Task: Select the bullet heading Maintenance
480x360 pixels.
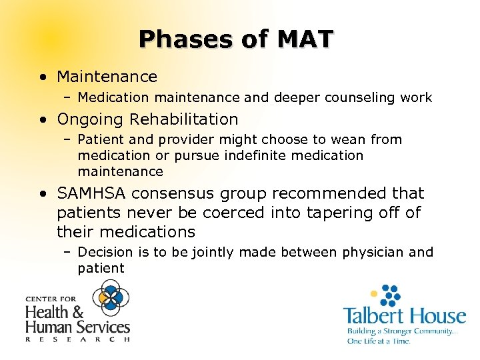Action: pos(107,77)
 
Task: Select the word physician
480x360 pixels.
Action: pos(371,253)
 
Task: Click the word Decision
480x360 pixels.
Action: pos(105,253)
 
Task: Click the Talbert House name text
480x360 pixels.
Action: pos(404,315)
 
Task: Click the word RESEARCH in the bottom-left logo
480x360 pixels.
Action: pos(77,339)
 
